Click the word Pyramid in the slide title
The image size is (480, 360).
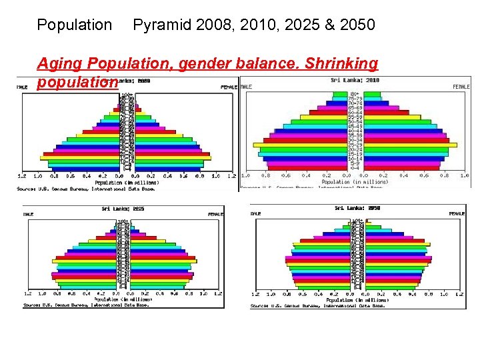(160, 25)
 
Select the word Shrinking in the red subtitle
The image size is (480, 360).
(341, 64)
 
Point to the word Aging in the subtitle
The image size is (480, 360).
(60, 64)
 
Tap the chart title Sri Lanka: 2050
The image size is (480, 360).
(357, 208)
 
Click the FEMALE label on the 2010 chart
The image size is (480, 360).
(461, 87)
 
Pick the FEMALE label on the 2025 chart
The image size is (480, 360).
(216, 214)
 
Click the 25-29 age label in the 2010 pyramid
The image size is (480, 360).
(355, 145)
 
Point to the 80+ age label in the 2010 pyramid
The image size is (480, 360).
(355, 93)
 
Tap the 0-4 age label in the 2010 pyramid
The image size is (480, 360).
(355, 168)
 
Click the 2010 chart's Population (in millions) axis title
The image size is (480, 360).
(355, 182)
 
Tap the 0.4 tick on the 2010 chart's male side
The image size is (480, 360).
(306, 175)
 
